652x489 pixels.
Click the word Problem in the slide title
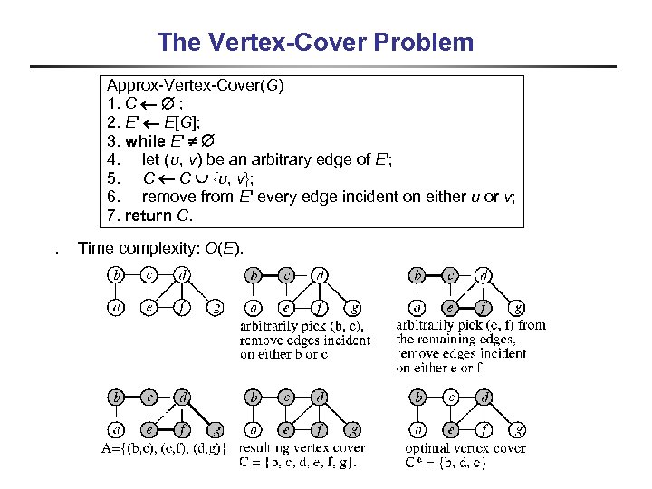click(x=430, y=42)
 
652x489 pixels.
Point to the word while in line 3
click(x=146, y=141)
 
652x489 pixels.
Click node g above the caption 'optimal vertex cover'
click(x=517, y=429)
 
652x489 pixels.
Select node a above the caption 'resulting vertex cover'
click(x=255, y=429)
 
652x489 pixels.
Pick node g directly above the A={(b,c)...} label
click(x=215, y=429)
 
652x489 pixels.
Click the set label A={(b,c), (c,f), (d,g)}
click(x=166, y=447)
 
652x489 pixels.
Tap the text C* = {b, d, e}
click(x=447, y=462)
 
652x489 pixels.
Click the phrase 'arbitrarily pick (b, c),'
click(x=302, y=325)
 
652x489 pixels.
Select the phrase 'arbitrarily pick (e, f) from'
click(x=471, y=324)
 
